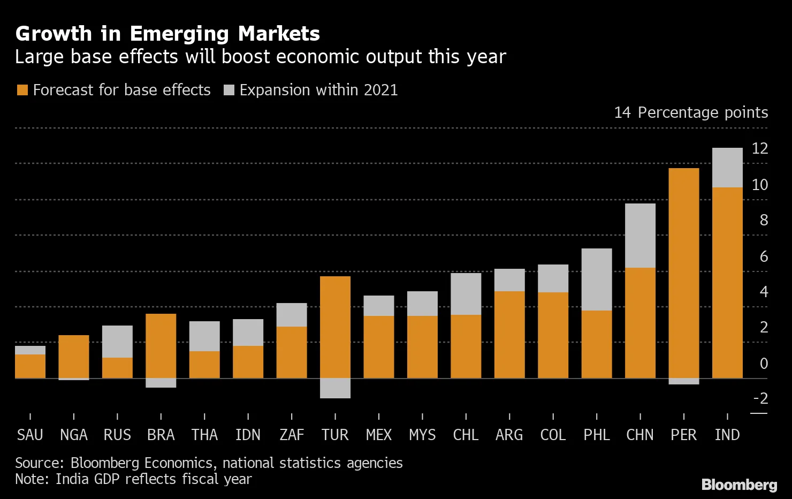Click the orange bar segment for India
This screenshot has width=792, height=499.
point(727,283)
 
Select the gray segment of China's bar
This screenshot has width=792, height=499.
point(640,236)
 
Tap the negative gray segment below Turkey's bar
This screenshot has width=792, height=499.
point(335,388)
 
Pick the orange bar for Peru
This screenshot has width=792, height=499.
point(684,273)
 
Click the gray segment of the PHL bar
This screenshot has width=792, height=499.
point(597,279)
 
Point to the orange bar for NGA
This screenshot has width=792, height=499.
point(74,357)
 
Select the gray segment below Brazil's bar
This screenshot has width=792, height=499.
point(161,383)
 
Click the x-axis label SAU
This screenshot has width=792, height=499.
point(30,435)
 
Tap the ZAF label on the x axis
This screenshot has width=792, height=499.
point(292,435)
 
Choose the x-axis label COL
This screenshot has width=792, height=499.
point(553,435)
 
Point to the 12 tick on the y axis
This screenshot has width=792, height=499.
point(759,148)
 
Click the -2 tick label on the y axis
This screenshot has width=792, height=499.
point(760,398)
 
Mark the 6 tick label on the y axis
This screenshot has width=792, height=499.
point(764,256)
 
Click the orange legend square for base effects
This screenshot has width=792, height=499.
point(22,90)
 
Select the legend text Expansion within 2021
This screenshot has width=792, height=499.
point(318,90)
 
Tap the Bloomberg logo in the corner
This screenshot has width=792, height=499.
point(739,485)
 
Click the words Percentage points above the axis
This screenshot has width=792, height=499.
point(703,112)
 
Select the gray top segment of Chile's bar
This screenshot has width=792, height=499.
point(466,294)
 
